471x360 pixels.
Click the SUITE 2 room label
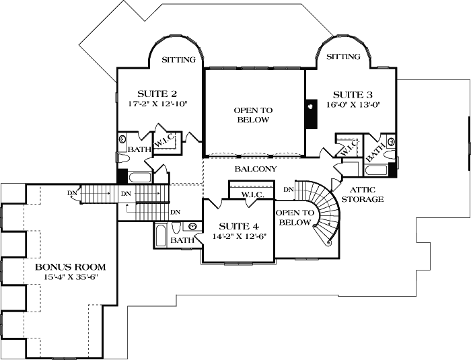tap(157, 94)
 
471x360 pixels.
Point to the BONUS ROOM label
tap(71, 267)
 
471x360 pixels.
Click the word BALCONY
tap(255, 170)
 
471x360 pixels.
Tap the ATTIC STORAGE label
tap(363, 194)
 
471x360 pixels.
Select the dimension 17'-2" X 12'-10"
tap(157, 104)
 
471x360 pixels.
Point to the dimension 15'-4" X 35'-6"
tap(71, 278)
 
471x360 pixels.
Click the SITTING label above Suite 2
tap(179, 60)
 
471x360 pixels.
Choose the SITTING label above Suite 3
tap(343, 57)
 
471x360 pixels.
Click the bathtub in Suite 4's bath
tap(160, 236)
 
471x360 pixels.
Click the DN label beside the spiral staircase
tap(289, 190)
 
